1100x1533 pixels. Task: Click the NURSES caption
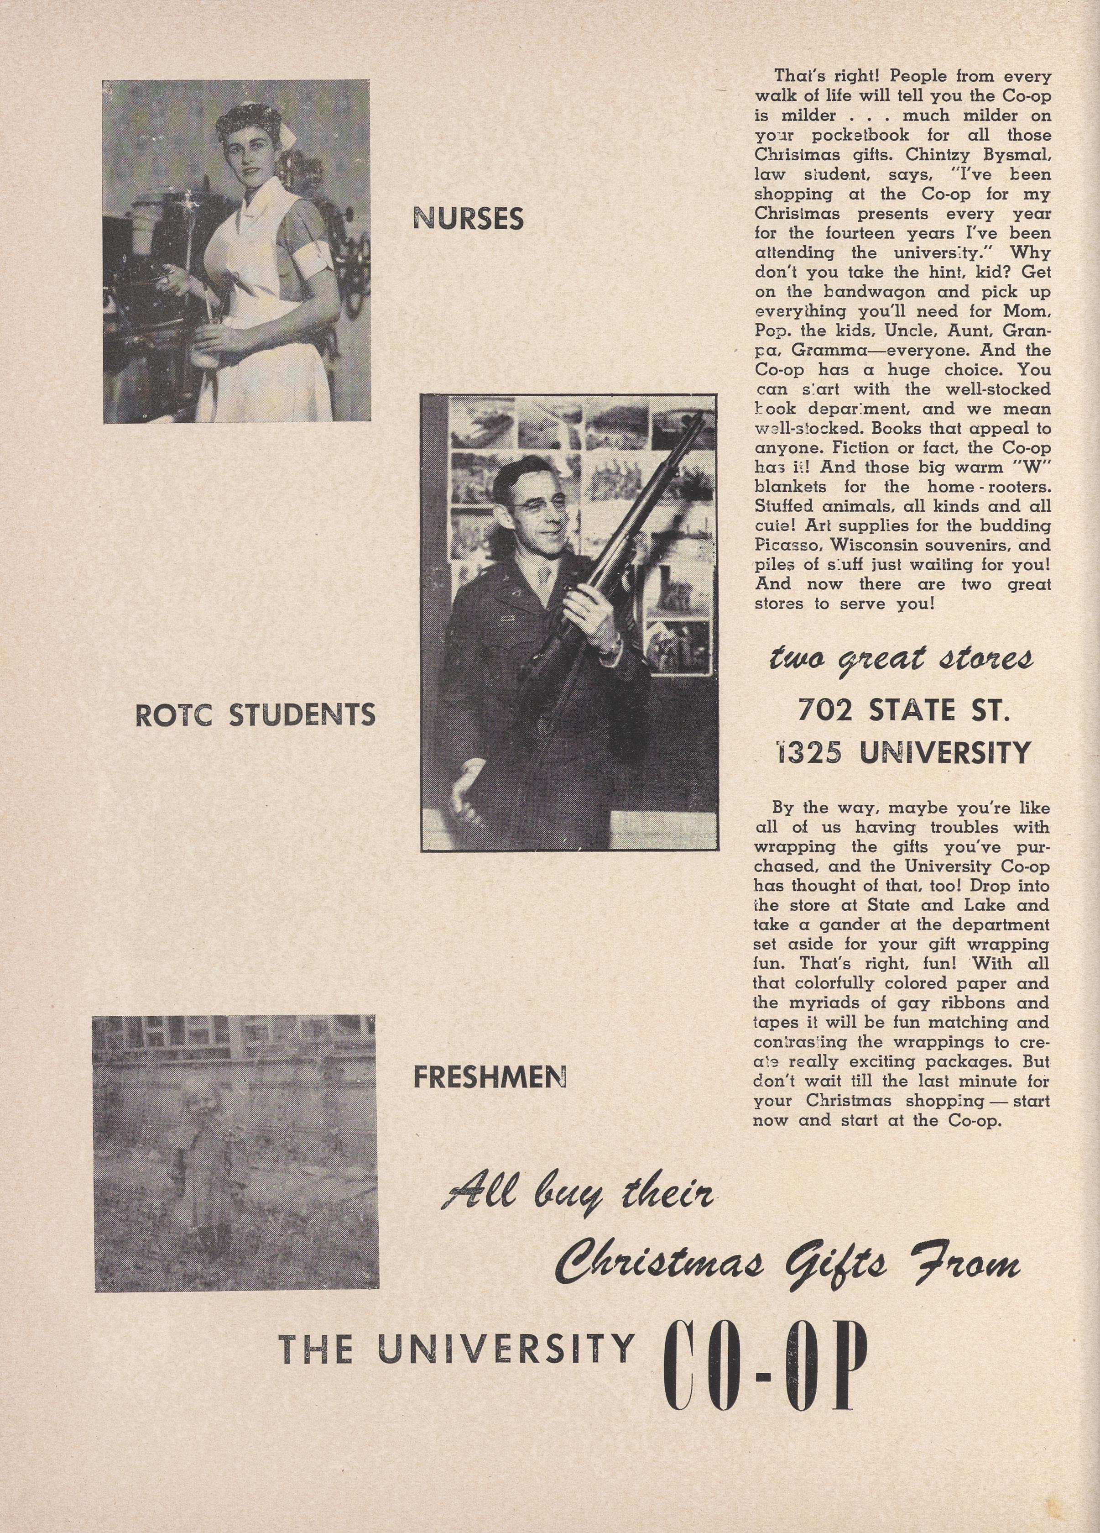coord(468,218)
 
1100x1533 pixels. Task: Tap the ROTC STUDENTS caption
coord(255,715)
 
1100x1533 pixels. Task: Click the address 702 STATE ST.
coord(903,710)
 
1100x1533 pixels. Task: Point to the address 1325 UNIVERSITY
coord(903,751)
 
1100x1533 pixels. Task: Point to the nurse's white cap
coord(288,139)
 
